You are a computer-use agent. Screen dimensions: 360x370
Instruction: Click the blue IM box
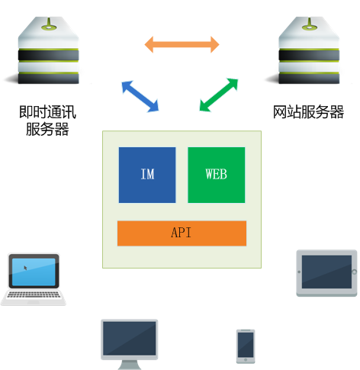coord(147,175)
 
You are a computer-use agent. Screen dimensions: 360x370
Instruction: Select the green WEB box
coord(217,175)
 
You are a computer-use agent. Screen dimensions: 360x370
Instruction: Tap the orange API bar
coord(182,233)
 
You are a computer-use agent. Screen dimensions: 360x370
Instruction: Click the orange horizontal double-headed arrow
coord(182,44)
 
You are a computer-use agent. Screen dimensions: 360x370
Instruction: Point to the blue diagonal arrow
coord(140,96)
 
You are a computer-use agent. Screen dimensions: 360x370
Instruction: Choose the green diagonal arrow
coord(219,95)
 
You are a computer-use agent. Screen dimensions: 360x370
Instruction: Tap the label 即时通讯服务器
coord(47,121)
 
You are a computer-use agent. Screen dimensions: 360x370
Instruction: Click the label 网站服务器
coord(308,112)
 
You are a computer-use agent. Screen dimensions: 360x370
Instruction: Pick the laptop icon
coord(34,279)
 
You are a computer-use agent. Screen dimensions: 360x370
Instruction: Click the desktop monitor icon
coord(130,344)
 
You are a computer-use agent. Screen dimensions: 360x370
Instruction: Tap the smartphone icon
coord(246,346)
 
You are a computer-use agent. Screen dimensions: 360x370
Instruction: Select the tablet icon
coord(326,273)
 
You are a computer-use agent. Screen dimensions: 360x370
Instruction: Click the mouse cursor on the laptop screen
coord(25,268)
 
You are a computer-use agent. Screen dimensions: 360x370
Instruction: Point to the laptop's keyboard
coord(34,294)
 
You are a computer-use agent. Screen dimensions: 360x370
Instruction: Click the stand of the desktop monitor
coord(130,365)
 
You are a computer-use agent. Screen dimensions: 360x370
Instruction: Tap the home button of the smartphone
coord(246,360)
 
